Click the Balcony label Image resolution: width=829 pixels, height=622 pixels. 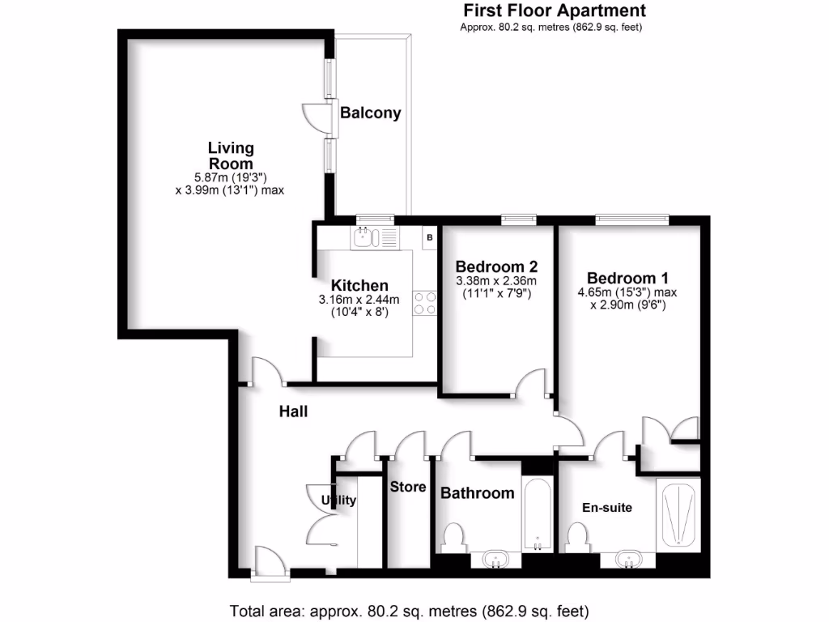pyautogui.click(x=370, y=113)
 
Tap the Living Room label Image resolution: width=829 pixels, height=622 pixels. pyautogui.click(x=231, y=155)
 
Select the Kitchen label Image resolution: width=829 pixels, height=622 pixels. pyautogui.click(x=359, y=285)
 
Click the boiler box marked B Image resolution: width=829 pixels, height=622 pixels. pyautogui.click(x=430, y=237)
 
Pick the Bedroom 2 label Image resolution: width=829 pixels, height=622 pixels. pyautogui.click(x=496, y=266)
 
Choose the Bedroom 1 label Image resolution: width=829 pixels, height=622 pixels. pyautogui.click(x=627, y=276)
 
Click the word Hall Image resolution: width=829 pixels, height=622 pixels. pyautogui.click(x=293, y=411)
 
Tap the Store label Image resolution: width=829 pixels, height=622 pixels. pyautogui.click(x=408, y=487)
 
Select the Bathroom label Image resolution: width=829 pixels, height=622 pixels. pyautogui.click(x=477, y=492)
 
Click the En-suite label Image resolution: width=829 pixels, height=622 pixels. pyautogui.click(x=607, y=508)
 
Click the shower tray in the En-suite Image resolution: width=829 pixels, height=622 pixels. pyautogui.click(x=678, y=514)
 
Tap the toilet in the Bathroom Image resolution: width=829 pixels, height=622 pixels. pyautogui.click(x=453, y=537)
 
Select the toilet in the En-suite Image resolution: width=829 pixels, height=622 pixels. pyautogui.click(x=577, y=537)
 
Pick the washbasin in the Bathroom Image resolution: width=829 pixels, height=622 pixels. pyautogui.click(x=495, y=558)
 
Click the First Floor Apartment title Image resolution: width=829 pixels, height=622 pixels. pyautogui.click(x=554, y=11)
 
